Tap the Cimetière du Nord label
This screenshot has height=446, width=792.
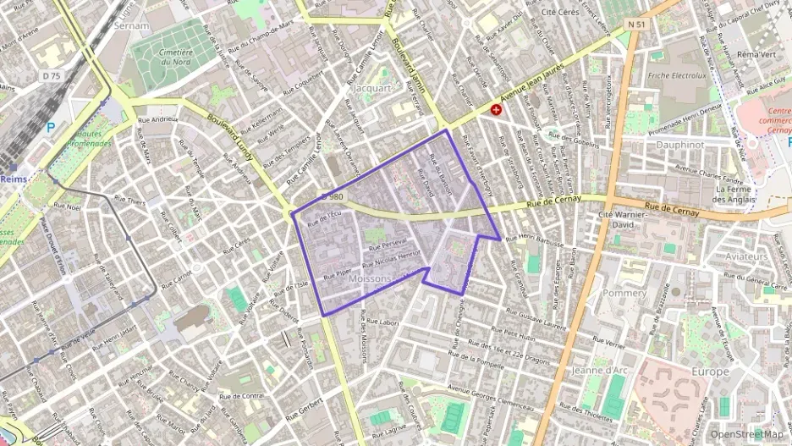pos(177,56)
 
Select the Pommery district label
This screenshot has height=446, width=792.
pos(624,292)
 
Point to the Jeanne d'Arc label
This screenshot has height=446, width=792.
pos(597,371)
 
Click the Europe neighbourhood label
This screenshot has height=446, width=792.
pos(709,372)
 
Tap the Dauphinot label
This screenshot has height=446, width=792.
pos(681,144)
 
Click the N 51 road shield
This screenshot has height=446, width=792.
pos(636,25)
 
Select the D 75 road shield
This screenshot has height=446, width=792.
pos(52,76)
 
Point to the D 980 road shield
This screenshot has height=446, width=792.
pos(333,197)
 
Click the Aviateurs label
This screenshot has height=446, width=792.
pos(745,256)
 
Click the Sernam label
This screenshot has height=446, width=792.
pos(131,26)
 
